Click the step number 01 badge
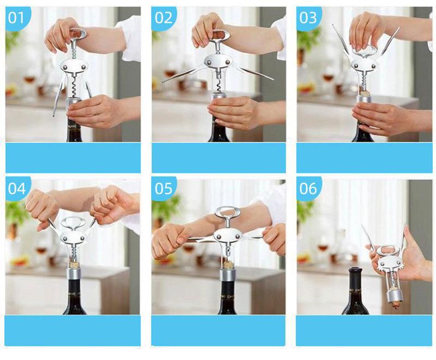pyautogui.click(x=17, y=18)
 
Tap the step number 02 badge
pyautogui.click(x=163, y=18)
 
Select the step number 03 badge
pyautogui.click(x=308, y=18)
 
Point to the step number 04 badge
pyautogui.click(x=17, y=189)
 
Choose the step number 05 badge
pyautogui.click(x=163, y=189)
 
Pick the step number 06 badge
pyautogui.click(x=308, y=189)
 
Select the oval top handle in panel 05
pyautogui.click(x=227, y=212)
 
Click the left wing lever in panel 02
pyautogui.click(x=184, y=74)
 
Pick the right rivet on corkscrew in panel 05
pyautogui.click(x=237, y=237)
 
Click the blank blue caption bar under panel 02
pyautogui.click(x=219, y=158)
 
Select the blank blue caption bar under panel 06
pyautogui.click(x=365, y=331)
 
